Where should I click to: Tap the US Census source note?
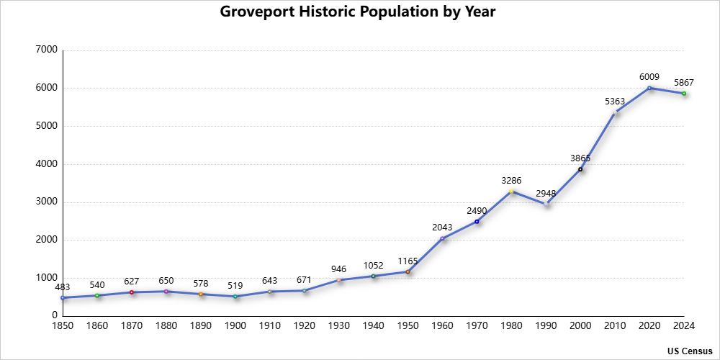point(689,351)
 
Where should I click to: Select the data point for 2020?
point(649,88)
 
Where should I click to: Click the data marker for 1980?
point(511,192)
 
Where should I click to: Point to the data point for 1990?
point(546,204)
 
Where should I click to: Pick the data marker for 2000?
point(580,169)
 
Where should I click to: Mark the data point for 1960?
point(442,238)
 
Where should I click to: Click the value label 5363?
point(615,102)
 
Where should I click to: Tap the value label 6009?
point(649,76)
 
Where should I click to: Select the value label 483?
point(63,287)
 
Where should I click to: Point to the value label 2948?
point(546,193)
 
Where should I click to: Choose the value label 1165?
point(408,261)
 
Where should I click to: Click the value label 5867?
point(684,82)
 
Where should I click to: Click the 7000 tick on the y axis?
point(46,50)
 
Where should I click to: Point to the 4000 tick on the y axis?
point(46,164)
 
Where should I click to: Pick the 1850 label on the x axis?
point(63,326)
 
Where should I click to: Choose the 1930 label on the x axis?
point(339,326)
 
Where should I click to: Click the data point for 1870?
point(132,292)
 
